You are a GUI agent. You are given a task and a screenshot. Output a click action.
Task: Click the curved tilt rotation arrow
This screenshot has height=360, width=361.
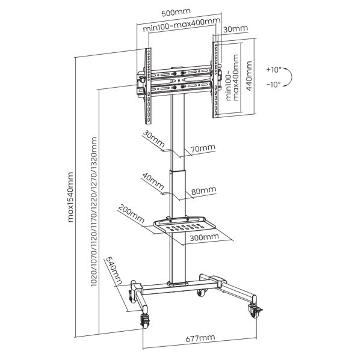tap(291, 77)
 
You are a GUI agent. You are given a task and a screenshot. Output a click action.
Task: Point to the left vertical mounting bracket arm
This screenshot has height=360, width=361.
tap(146, 78)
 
